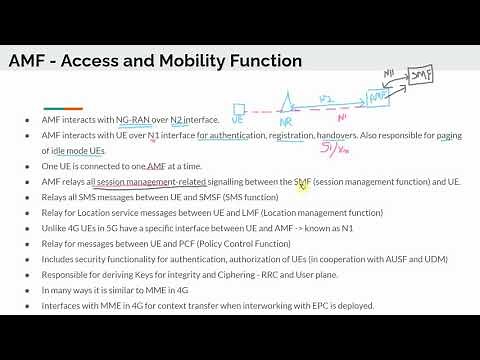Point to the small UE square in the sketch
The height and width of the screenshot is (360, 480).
239,109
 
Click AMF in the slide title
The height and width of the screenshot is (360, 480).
31,61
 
